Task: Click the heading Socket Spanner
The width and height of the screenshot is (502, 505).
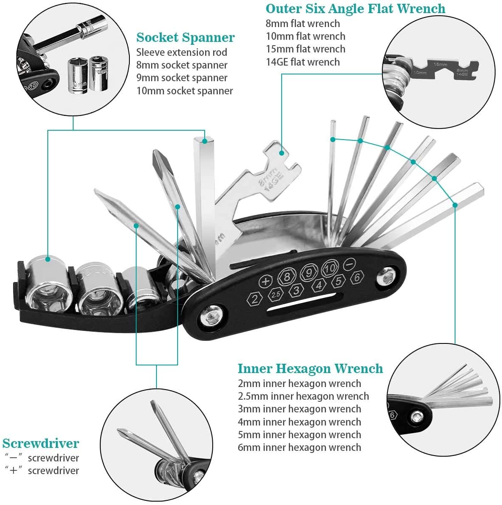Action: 185,38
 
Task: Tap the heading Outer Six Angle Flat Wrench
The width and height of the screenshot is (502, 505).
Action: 355,9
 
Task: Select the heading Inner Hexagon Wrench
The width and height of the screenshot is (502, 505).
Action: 310,368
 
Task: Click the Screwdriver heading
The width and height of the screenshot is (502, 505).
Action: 41,443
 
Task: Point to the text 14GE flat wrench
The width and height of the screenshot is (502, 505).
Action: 302,62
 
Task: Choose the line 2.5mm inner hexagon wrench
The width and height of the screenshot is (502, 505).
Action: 303,396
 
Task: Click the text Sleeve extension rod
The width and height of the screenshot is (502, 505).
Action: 181,52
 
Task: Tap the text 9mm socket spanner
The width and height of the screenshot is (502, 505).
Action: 181,78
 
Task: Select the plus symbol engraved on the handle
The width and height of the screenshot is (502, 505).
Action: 265,282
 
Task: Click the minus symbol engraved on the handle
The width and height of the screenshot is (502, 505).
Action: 349,263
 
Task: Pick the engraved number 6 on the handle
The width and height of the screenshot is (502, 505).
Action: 357,277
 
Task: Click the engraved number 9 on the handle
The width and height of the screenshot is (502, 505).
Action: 308,272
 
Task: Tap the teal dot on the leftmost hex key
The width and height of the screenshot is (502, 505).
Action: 333,139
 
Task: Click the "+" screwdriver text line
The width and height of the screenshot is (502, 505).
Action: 42,471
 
